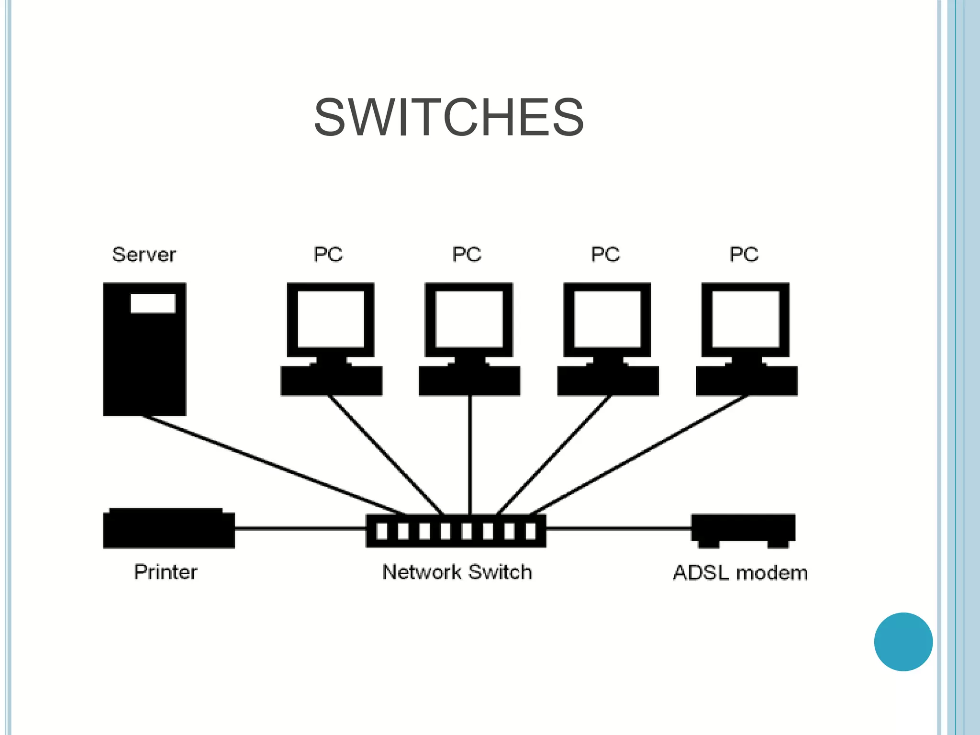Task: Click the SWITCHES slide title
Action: click(448, 118)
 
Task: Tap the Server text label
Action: click(144, 255)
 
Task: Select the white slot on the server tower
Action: click(153, 303)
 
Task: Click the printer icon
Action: click(168, 529)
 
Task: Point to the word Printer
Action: click(166, 572)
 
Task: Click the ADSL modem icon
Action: click(743, 529)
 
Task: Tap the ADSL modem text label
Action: click(740, 573)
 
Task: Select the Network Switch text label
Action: click(457, 572)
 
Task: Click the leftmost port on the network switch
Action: click(382, 531)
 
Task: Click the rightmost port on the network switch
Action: click(530, 531)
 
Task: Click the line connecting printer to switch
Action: click(300, 528)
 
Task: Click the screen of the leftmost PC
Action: click(331, 319)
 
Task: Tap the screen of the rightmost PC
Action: click(746, 319)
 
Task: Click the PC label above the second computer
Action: click(467, 255)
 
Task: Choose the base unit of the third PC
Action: click(608, 381)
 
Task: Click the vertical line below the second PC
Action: click(470, 455)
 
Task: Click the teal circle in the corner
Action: click(903, 642)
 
